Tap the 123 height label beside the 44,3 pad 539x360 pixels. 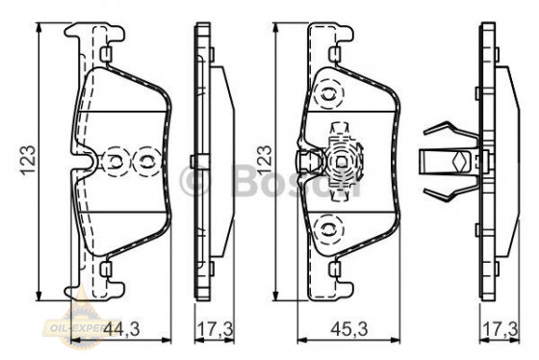coord(30,158)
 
